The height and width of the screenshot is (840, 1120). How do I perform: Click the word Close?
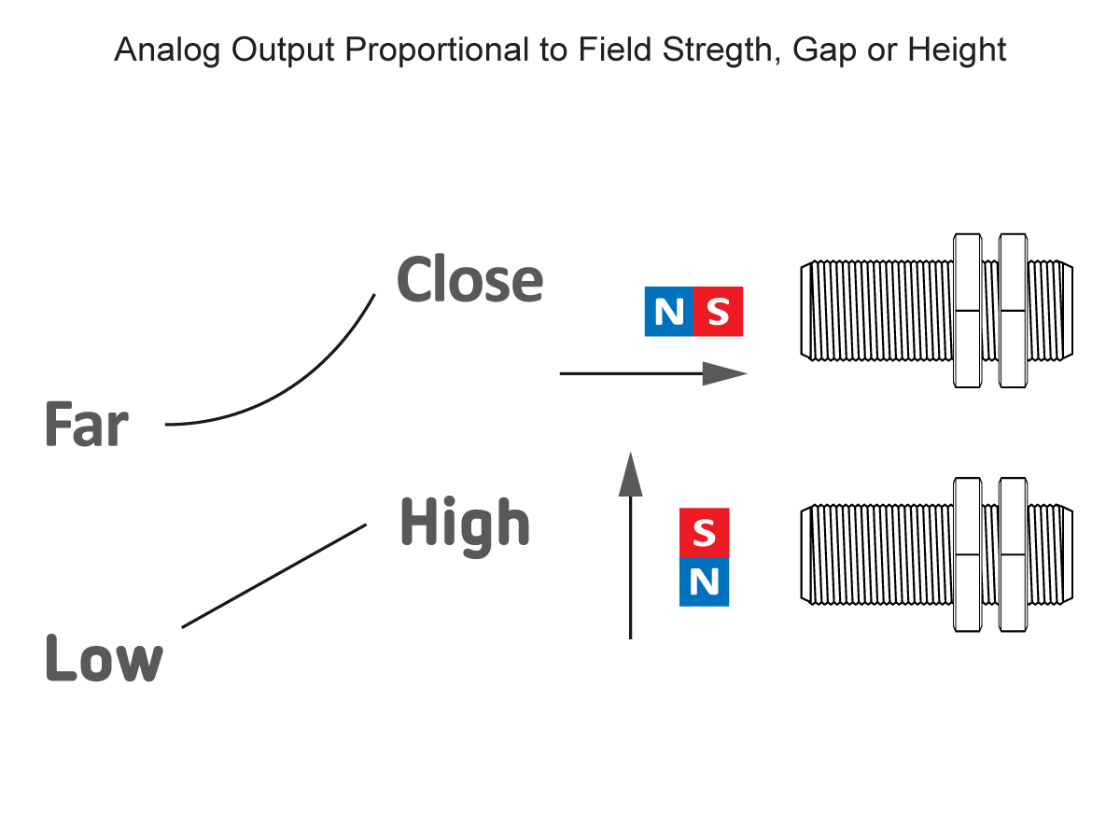(x=469, y=280)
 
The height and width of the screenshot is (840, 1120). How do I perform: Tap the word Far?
(x=86, y=425)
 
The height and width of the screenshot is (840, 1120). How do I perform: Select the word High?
(x=464, y=523)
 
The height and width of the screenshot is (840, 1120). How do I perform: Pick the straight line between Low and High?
(x=273, y=576)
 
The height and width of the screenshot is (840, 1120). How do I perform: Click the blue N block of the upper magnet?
(x=669, y=312)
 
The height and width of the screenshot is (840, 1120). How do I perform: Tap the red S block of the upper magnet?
(x=718, y=312)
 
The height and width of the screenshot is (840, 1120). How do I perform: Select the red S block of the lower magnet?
(x=704, y=533)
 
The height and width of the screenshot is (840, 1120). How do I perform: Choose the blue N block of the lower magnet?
(x=704, y=582)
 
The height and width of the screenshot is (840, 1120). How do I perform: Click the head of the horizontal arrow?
(x=725, y=373)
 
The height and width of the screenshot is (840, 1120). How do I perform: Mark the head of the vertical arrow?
(x=632, y=473)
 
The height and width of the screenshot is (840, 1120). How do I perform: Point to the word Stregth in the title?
(x=724, y=50)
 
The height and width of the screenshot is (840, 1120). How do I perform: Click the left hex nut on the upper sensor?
(x=966, y=310)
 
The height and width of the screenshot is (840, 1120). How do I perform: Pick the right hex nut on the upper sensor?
(x=1013, y=310)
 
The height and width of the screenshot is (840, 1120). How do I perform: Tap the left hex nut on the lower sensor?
(x=966, y=554)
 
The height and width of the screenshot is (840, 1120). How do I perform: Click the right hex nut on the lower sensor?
(x=1013, y=554)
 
